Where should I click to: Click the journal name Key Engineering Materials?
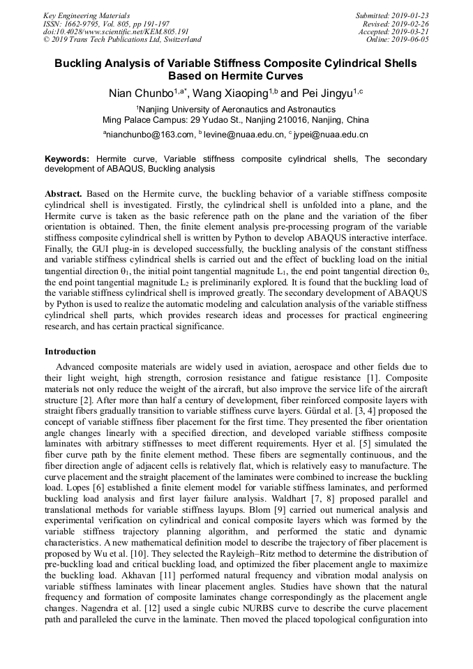87,15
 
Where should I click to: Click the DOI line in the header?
116,31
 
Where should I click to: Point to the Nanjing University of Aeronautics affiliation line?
236,109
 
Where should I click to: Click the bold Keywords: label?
67,159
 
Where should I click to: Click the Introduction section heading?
70,351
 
